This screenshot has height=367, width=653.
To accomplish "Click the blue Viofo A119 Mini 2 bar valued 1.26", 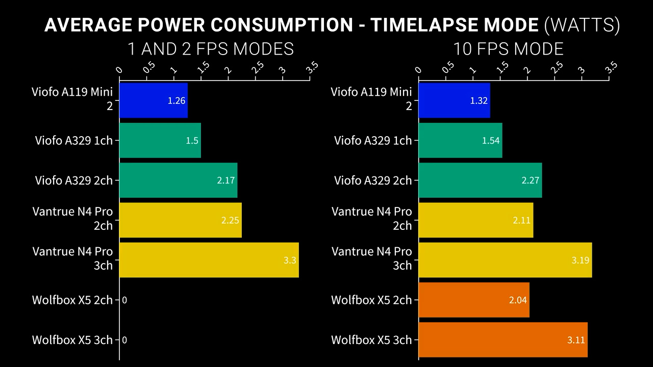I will tap(153, 100).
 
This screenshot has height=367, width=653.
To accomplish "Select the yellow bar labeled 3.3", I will tap(209, 260).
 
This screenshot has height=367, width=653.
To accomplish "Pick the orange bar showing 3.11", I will tap(503, 339).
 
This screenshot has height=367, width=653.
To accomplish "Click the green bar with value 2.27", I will tap(480, 180).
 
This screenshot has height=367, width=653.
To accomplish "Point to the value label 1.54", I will tap(491, 141).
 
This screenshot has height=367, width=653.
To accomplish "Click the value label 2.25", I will tap(230, 220).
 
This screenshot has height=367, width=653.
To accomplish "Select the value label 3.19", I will tap(581, 260).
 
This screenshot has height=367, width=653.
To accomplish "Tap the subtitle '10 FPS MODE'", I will tap(508, 49).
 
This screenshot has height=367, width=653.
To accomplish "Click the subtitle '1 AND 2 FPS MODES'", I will tap(210, 49).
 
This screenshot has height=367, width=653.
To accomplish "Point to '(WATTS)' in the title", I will tap(582, 24).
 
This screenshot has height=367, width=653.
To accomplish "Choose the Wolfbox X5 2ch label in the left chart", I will tap(72, 300).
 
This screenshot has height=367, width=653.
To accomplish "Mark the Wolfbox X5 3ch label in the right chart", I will tap(371, 339).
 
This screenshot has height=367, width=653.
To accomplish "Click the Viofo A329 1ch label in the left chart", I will tap(73, 141).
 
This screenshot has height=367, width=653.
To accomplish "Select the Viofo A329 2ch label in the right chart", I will tap(372, 180).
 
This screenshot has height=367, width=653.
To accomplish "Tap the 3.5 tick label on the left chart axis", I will tap(312, 67).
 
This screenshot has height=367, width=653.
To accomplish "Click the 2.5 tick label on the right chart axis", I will tap(557, 67).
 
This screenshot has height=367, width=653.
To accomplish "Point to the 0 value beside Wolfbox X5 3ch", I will tap(124, 339).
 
